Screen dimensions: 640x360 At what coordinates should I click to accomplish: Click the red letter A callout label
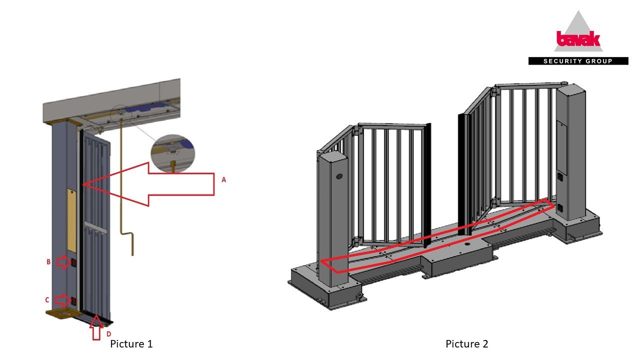point(223,179)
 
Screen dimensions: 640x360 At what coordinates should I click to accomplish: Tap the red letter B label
point(48,262)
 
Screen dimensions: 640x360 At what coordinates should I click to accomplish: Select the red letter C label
point(47,300)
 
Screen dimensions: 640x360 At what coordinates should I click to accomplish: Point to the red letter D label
point(108,334)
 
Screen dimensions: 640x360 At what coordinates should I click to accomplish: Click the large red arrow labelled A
point(148,184)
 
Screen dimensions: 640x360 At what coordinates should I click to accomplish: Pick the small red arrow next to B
point(63,262)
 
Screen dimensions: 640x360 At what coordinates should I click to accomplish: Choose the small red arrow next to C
point(62,300)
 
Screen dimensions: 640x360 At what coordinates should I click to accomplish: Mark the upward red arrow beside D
point(96,327)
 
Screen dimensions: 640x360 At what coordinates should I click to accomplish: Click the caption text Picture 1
point(131,343)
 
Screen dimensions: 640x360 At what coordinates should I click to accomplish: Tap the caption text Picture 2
point(467,343)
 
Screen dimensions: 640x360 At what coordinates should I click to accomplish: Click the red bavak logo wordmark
point(578,39)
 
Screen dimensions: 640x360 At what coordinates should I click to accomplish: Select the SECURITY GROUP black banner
point(578,61)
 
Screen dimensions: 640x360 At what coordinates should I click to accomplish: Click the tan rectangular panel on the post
point(72,220)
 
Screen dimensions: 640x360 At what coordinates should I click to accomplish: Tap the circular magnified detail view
point(173,153)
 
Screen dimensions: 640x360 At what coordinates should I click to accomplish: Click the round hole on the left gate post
point(339,176)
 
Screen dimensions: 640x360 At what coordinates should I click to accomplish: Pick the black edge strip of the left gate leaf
point(427,185)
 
